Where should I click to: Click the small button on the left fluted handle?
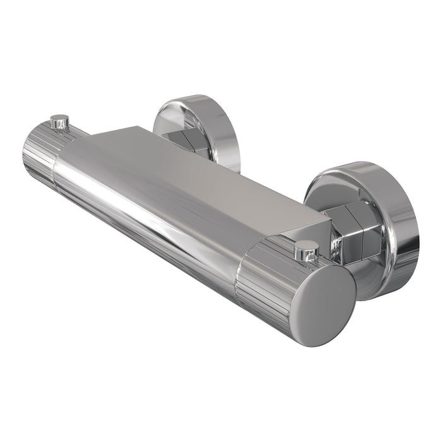coord(59,120)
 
